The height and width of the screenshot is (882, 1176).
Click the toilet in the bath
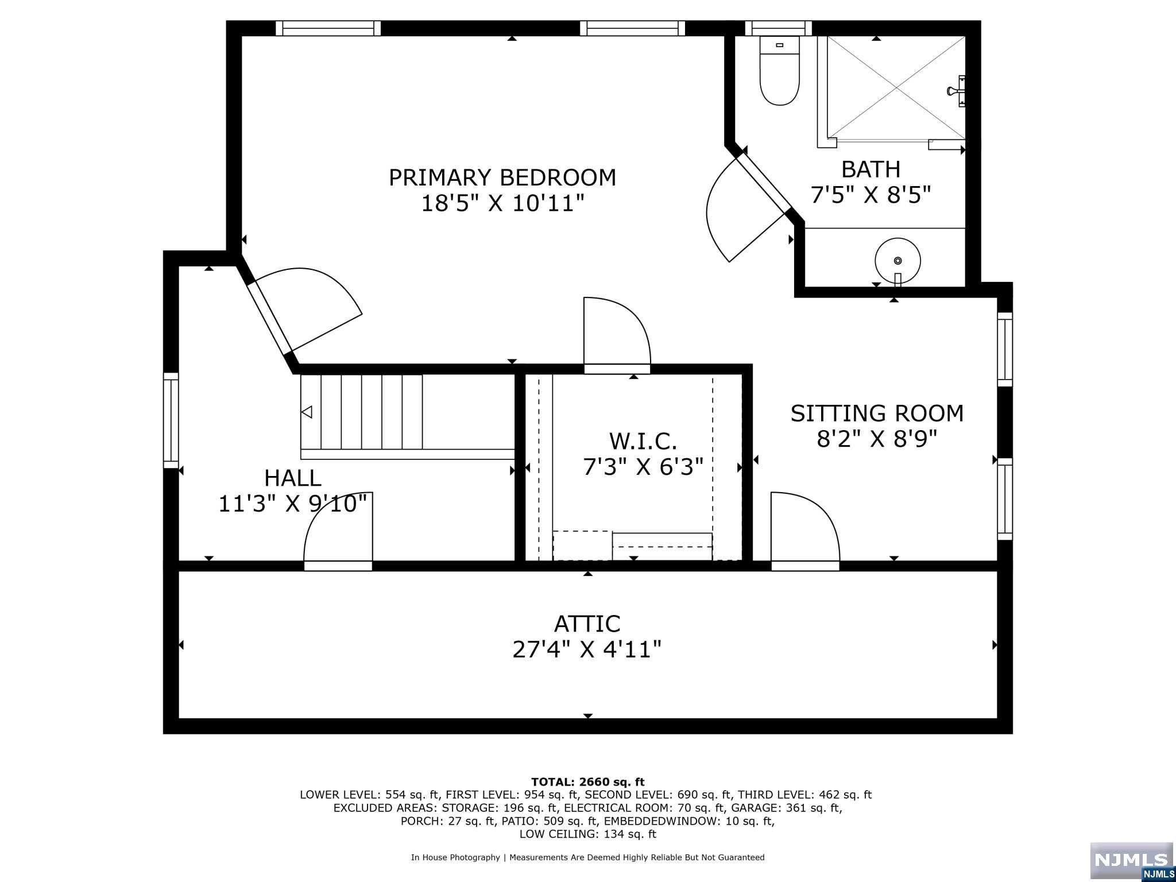coord(779,72)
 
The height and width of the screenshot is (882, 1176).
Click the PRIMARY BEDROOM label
coord(502,177)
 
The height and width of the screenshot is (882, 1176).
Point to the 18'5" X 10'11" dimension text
coord(502,203)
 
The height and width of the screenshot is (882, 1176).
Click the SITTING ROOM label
coord(877,413)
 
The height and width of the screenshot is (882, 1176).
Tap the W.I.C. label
coord(643,441)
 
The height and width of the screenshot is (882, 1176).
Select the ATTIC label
coord(587,624)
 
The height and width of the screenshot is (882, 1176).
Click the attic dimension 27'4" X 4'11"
coord(587,650)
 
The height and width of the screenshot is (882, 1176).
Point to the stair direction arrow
coord(307,412)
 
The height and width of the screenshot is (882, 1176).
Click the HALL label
coord(292,478)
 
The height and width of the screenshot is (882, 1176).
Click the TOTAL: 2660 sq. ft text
coord(587,782)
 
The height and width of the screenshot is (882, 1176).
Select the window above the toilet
coord(778,28)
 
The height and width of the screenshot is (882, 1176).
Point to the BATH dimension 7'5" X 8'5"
coord(871,195)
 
